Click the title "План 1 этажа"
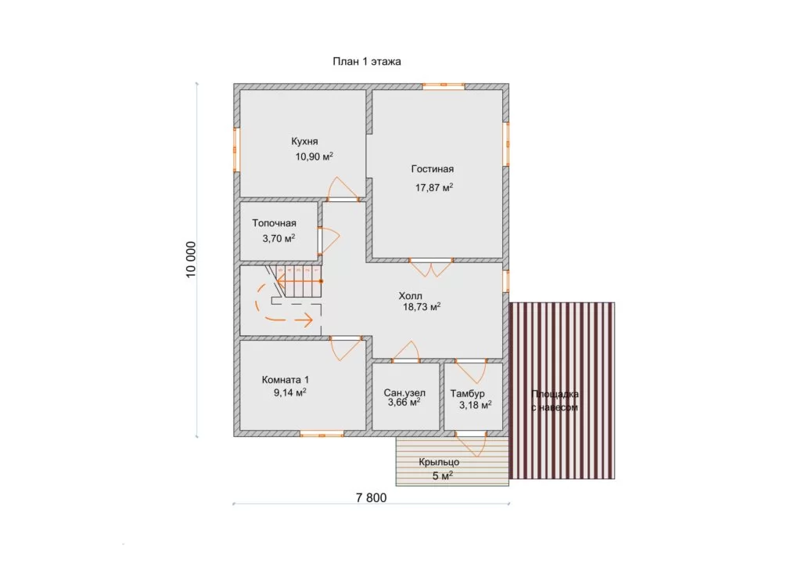click(x=367, y=62)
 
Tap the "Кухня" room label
click(x=304, y=142)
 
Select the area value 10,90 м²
click(x=314, y=157)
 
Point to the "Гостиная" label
click(x=432, y=169)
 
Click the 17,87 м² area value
click(x=434, y=188)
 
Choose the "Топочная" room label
click(x=275, y=223)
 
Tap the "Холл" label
click(x=410, y=296)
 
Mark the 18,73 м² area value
click(x=422, y=307)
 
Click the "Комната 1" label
click(x=285, y=380)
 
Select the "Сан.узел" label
click(x=404, y=392)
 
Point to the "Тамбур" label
click(x=468, y=394)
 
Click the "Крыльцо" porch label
click(x=439, y=462)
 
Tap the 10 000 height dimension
click(x=191, y=260)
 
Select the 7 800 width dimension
click(x=372, y=497)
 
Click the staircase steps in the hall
click(x=297, y=281)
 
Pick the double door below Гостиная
click(x=431, y=267)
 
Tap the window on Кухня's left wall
click(x=237, y=150)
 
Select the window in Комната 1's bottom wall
click(x=321, y=434)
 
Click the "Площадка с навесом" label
click(x=555, y=401)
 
